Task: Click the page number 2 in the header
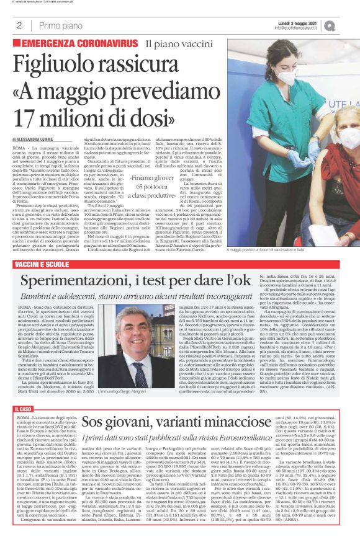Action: tap(20, 25)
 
